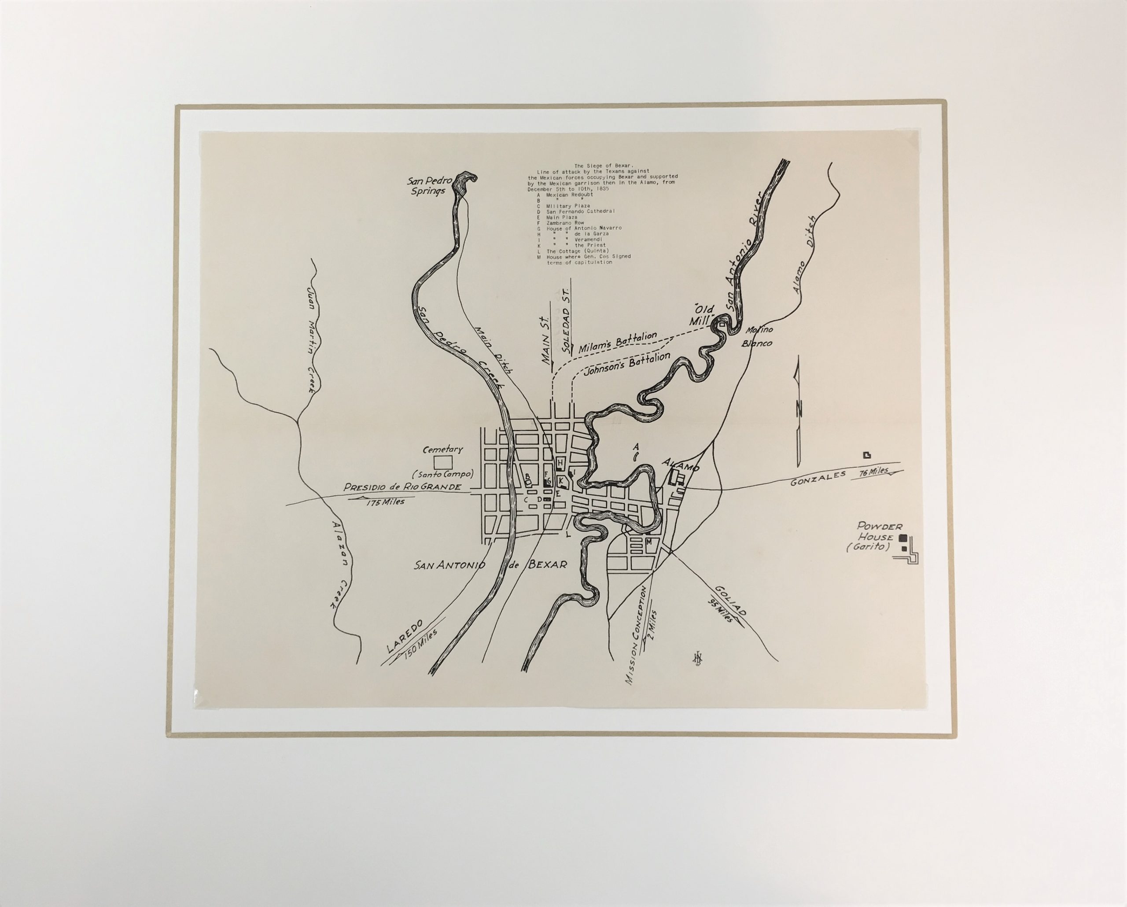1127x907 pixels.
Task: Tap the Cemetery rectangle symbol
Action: pyautogui.click(x=443, y=462)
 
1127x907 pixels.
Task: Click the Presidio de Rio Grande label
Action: pyautogui.click(x=402, y=487)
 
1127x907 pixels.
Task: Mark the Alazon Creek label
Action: pyautogui.click(x=340, y=566)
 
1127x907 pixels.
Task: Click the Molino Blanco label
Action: pyautogui.click(x=756, y=337)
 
